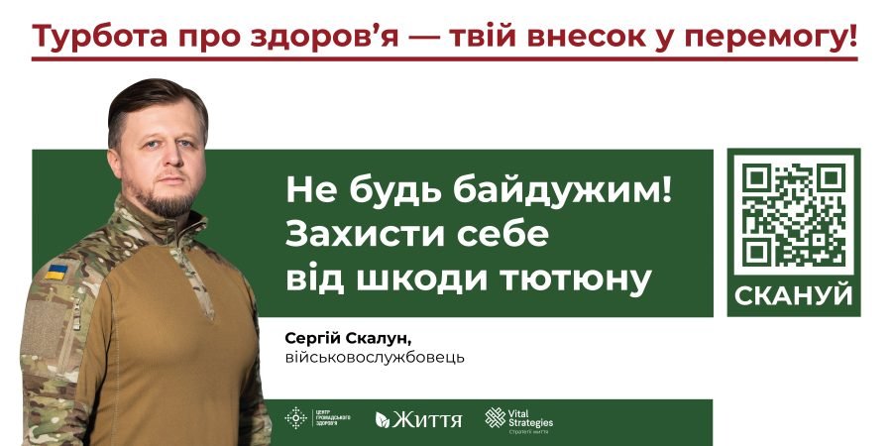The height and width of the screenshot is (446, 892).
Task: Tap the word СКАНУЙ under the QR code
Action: (794, 295)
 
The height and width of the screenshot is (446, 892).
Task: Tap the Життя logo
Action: (418, 419)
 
